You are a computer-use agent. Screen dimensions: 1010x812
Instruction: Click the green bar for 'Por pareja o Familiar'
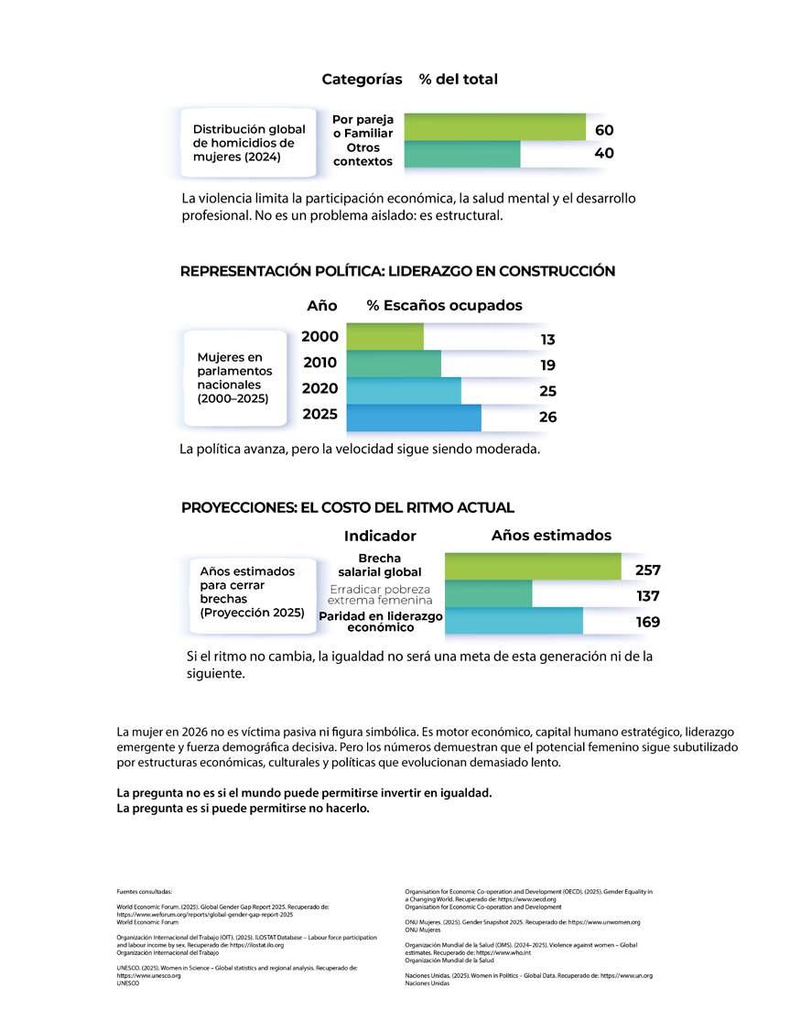[493, 126]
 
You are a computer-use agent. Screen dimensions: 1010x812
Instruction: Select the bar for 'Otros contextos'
[461, 154]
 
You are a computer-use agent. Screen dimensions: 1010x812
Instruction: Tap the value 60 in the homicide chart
[604, 130]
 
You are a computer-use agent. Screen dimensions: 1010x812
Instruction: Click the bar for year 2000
[384, 336]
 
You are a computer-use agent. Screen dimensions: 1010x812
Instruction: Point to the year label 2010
[320, 363]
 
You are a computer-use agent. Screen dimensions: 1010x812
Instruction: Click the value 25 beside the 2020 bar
[547, 391]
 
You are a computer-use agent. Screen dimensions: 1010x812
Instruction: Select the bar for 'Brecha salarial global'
[532, 566]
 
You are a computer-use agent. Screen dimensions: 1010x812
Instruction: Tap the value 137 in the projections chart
[648, 596]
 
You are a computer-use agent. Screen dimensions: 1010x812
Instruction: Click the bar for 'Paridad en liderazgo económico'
[513, 621]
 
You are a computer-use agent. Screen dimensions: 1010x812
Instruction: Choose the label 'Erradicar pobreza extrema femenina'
[380, 594]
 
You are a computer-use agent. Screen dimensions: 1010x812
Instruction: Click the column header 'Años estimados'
[551, 536]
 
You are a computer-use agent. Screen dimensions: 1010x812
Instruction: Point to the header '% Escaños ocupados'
[444, 305]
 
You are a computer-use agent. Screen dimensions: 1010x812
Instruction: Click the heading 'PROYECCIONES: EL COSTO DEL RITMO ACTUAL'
[348, 507]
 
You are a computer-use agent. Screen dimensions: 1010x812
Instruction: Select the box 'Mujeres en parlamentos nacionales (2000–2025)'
[236, 377]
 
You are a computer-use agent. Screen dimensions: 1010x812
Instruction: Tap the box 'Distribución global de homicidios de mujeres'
[249, 143]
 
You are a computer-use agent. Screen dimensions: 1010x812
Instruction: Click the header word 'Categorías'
[362, 80]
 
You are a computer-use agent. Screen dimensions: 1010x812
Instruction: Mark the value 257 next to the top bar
[648, 570]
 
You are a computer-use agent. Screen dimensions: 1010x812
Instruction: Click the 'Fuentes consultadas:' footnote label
[144, 891]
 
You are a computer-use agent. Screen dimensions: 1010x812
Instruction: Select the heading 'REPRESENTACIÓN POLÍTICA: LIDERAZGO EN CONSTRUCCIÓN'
[397, 271]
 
